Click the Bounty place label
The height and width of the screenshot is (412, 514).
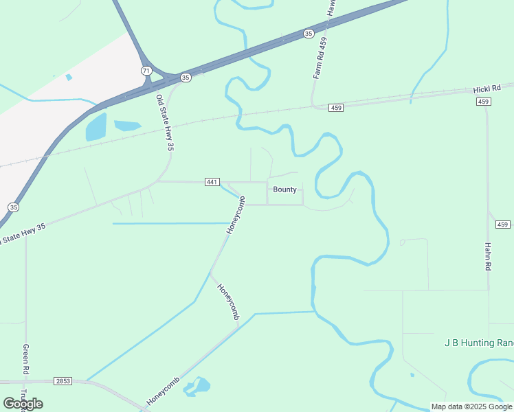pos(284,190)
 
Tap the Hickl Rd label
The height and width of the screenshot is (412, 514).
pos(487,90)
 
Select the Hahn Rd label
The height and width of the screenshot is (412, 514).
pos(488,255)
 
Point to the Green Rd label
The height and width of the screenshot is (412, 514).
pos(25,359)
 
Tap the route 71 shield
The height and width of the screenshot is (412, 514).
pos(146,71)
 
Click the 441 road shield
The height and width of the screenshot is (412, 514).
pos(212,182)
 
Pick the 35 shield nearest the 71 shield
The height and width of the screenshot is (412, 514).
pos(186,78)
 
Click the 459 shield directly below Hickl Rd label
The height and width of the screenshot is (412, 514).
pos(484,102)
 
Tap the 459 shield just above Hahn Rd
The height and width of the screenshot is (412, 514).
pos(503,225)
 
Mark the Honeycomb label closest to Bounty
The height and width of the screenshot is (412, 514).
pos(236,214)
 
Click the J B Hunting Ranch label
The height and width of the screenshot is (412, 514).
pos(479,343)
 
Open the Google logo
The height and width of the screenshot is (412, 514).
pos(23,403)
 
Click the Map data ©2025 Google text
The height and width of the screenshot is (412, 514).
pos(471,407)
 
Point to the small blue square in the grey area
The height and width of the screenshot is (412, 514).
pos(69,77)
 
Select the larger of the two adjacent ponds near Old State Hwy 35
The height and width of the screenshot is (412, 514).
pos(96,127)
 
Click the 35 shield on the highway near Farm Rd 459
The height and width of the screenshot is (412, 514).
pos(308,33)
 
